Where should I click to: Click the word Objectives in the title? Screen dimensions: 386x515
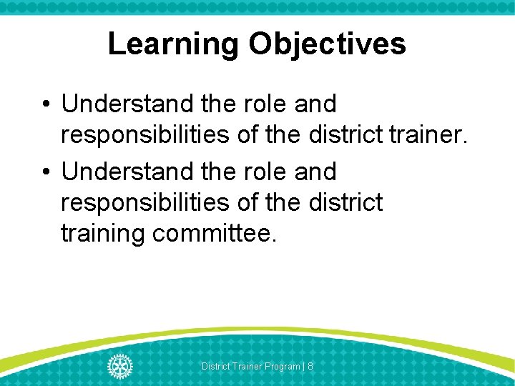coord(328,44)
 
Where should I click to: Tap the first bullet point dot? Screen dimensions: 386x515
coord(46,104)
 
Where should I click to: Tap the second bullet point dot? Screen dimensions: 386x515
coord(46,172)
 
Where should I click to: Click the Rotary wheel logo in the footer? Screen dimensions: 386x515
coord(119,366)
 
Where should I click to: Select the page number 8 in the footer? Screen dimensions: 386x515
coord(310,367)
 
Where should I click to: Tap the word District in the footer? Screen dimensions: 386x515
coord(215,367)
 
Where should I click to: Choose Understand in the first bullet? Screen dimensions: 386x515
coord(127,104)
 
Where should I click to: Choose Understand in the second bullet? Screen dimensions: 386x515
coord(127,172)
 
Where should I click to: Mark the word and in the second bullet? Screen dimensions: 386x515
coord(315,172)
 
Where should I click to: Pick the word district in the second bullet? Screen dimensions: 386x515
coord(346,202)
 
